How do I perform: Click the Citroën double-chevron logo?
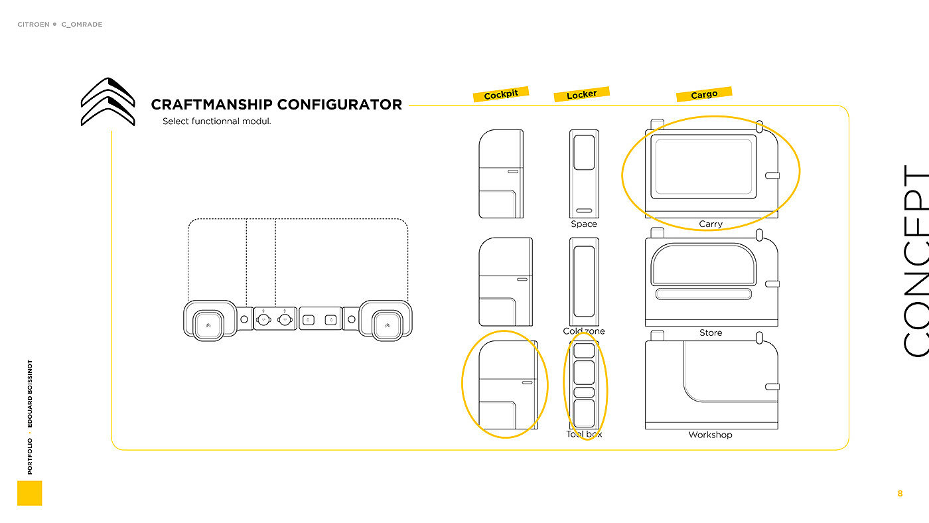(107, 102)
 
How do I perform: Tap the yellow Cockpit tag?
(501, 94)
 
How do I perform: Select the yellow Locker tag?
(581, 94)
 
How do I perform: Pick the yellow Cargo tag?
(703, 94)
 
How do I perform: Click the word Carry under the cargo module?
(710, 224)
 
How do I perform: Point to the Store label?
(710, 333)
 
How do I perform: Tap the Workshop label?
(710, 435)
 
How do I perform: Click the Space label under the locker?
(584, 224)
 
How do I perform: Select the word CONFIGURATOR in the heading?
(339, 104)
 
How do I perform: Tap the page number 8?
(900, 493)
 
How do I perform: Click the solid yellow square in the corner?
(29, 493)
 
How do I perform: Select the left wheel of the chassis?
(209, 322)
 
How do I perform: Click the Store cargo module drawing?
(711, 281)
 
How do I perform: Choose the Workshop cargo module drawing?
(711, 385)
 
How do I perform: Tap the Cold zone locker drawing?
(584, 281)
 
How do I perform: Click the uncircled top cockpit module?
(501, 174)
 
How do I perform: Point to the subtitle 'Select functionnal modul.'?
(216, 121)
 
